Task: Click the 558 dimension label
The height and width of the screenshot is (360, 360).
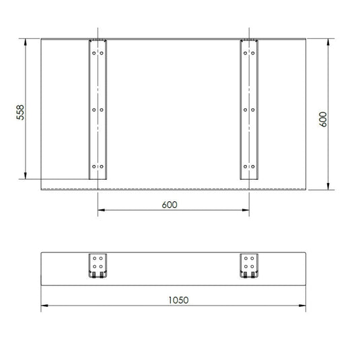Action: [20, 112]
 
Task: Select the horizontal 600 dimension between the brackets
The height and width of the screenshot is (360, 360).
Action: [170, 205]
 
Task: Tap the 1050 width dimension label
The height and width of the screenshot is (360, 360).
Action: [178, 300]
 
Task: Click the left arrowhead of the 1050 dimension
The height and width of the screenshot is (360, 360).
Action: [44, 305]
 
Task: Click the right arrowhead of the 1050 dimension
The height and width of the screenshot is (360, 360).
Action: [302, 305]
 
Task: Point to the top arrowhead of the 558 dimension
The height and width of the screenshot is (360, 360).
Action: [26, 42]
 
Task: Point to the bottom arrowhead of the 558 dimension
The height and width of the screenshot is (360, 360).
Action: [26, 176]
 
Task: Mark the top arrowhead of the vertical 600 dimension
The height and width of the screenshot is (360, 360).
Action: [328, 42]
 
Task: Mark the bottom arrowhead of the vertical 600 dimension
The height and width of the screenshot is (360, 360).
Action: [328, 186]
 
